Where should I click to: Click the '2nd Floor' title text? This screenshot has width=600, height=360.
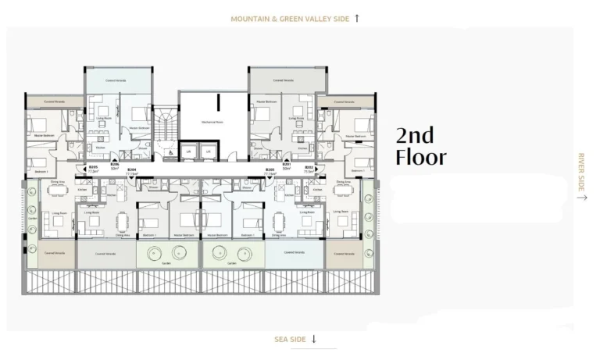421,146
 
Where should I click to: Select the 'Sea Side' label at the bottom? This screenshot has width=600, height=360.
291,339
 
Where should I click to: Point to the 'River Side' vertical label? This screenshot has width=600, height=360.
580,173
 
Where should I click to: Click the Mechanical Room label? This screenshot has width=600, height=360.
212,122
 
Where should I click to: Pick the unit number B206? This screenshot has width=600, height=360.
114,166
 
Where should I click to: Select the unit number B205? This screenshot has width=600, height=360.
92,167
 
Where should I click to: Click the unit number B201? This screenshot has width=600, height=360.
287,166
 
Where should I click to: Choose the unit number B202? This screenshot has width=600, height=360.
309,167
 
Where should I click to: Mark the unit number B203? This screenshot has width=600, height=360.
270,169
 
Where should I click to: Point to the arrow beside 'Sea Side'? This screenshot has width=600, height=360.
314,339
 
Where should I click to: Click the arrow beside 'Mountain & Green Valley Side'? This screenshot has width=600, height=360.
357,17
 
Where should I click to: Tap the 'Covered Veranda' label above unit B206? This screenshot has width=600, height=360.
116,80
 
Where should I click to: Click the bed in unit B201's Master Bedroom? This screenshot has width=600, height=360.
262,115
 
